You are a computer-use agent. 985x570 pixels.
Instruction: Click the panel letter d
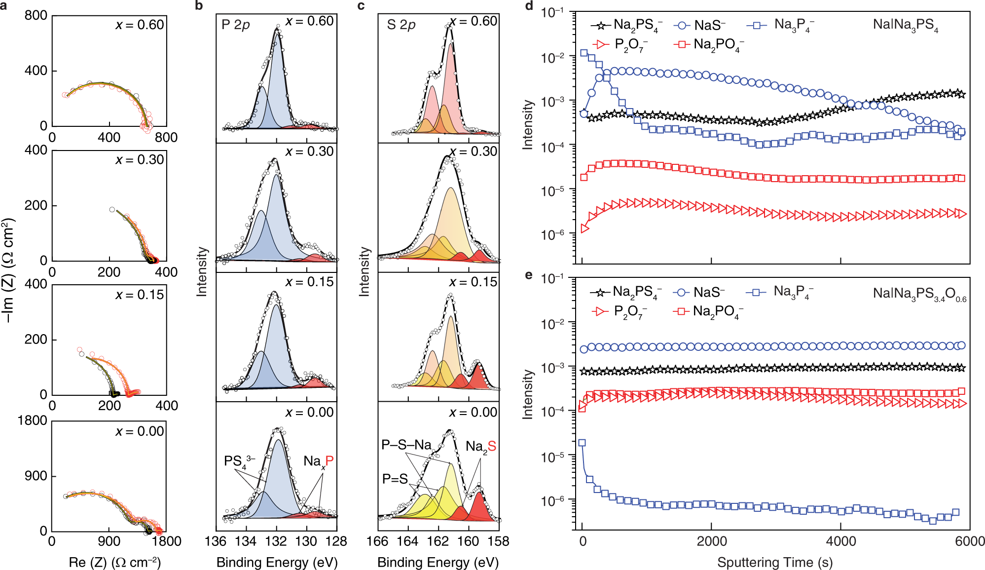[529, 6]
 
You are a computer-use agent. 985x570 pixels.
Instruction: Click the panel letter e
[529, 275]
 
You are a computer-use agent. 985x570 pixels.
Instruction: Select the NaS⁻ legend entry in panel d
[700, 25]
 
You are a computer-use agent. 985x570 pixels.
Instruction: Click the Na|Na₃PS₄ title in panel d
[905, 25]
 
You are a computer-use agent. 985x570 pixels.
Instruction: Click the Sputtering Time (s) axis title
[774, 562]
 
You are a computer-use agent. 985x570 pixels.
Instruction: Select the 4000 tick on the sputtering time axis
[841, 541]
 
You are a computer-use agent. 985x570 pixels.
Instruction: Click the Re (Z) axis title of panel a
[114, 562]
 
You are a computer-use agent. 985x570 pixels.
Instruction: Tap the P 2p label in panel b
[235, 25]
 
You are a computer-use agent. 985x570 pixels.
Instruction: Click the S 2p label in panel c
[401, 25]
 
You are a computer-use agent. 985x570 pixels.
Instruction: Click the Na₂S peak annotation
[480, 447]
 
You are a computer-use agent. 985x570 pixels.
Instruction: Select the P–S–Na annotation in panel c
[406, 445]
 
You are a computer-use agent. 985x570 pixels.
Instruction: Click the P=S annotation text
[395, 479]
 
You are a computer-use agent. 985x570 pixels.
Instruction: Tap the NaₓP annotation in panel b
[318, 461]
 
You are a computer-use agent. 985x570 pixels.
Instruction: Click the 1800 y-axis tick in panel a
[32, 420]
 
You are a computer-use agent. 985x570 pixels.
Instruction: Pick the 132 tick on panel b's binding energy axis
[276, 541]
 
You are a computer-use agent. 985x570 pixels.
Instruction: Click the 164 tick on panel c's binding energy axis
[407, 541]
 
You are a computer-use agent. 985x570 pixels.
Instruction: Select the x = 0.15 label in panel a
[140, 295]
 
